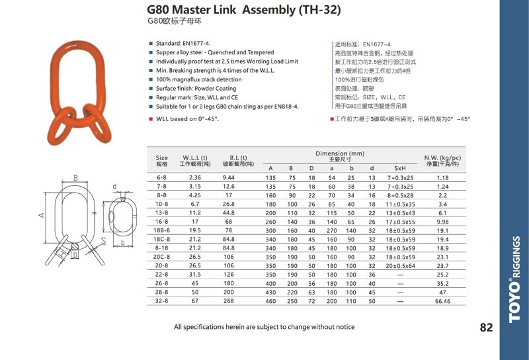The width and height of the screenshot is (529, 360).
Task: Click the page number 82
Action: click(x=486, y=327)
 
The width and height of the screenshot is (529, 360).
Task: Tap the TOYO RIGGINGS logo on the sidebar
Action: click(x=515, y=279)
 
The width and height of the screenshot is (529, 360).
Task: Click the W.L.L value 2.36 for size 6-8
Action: click(x=195, y=177)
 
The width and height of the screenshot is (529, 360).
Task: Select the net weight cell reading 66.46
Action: click(x=442, y=301)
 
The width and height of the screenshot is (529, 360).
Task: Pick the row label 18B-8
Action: click(x=161, y=231)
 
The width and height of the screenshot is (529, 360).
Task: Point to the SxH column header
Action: click(x=400, y=168)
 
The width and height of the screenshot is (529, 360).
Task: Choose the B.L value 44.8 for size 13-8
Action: click(x=228, y=213)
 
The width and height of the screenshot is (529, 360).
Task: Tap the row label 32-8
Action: click(x=161, y=301)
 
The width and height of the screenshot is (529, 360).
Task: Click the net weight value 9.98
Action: click(x=442, y=222)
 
